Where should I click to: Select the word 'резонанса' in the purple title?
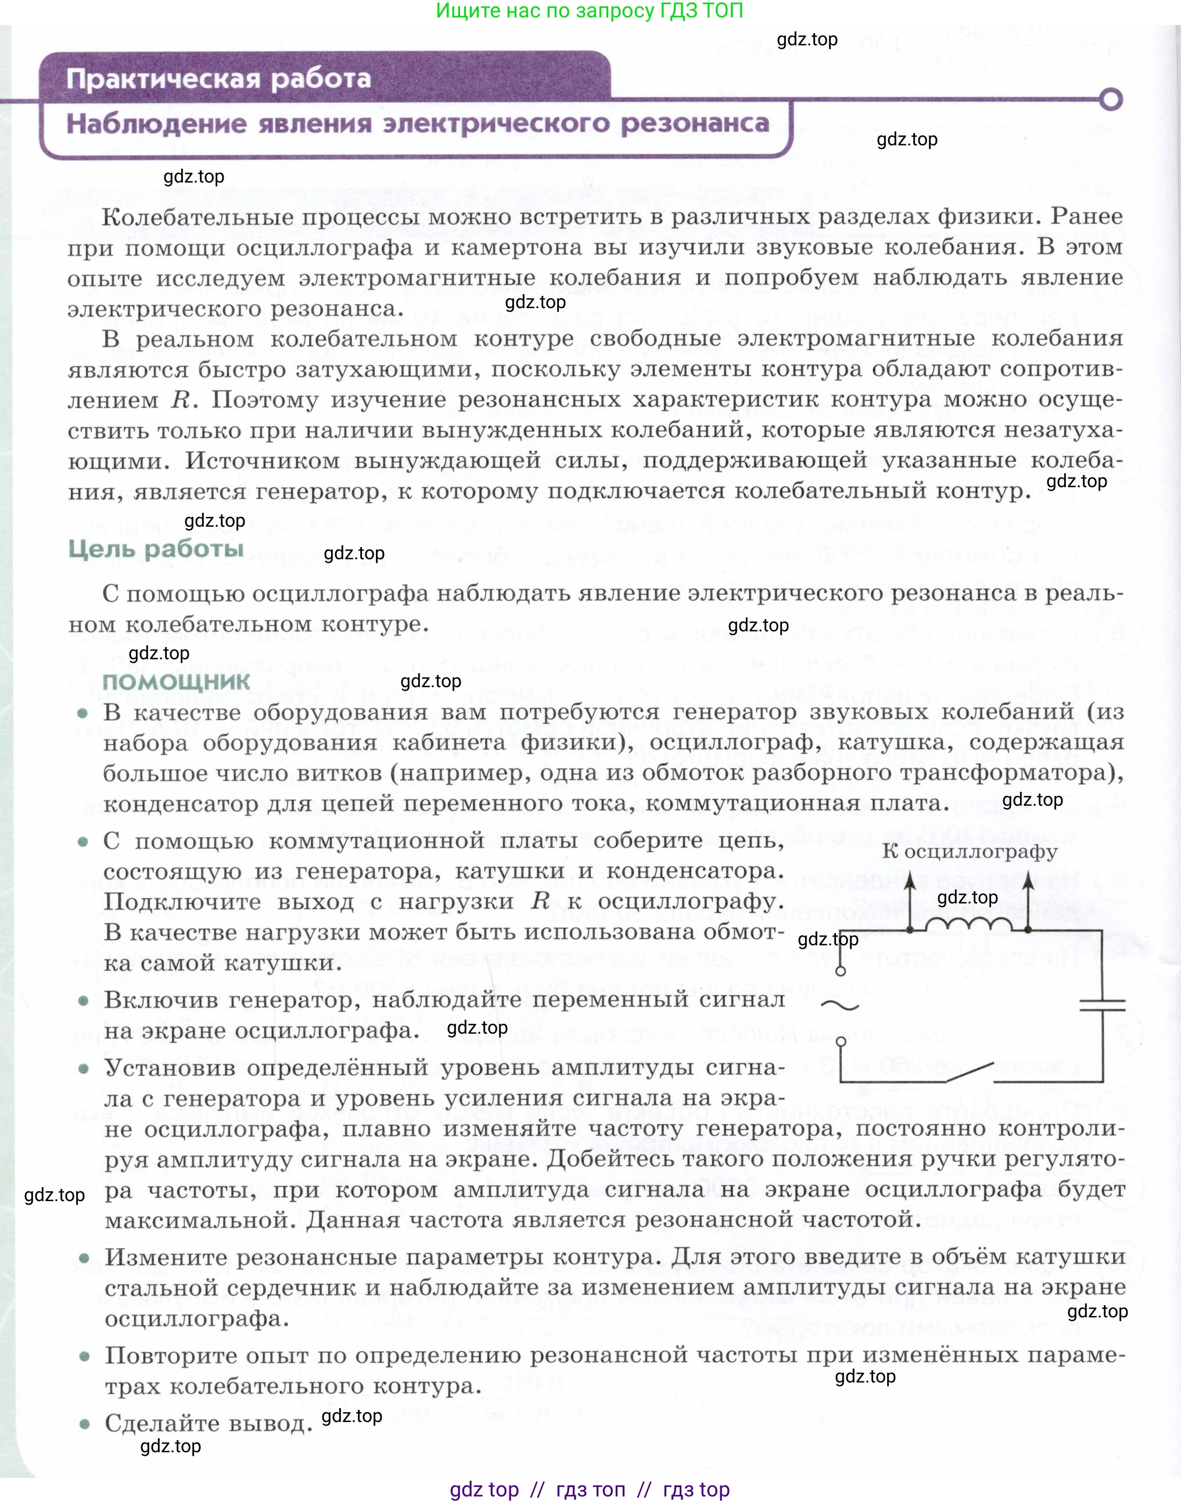pyautogui.click(x=694, y=124)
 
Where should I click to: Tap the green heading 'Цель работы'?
pyautogui.click(x=156, y=549)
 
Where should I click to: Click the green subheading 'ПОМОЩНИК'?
pyautogui.click(x=177, y=681)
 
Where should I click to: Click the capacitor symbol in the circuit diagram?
pyautogui.click(x=1102, y=1005)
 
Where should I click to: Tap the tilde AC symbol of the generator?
pyautogui.click(x=840, y=1006)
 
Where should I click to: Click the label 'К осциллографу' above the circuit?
pyautogui.click(x=970, y=852)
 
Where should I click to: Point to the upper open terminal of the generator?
pyautogui.click(x=841, y=971)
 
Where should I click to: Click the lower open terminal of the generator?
pyautogui.click(x=841, y=1041)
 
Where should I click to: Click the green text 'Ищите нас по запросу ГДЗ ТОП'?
pyautogui.click(x=590, y=11)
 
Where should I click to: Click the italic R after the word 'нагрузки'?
pyautogui.click(x=540, y=901)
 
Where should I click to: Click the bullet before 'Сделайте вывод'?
pyautogui.click(x=84, y=1424)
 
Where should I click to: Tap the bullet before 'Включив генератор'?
pyautogui.click(x=84, y=1001)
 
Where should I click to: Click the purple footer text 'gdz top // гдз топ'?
pyautogui.click(x=590, y=1489)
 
